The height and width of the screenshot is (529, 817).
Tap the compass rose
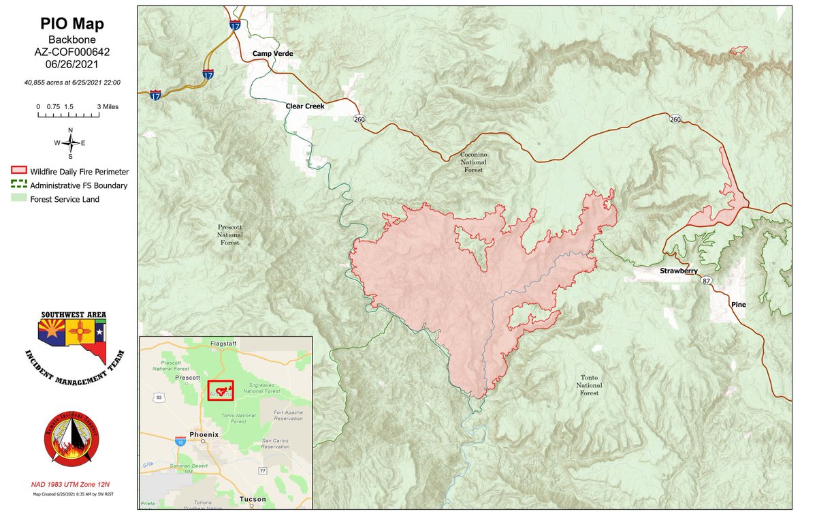pos(70,142)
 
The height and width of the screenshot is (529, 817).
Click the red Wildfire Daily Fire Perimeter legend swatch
pos(18,172)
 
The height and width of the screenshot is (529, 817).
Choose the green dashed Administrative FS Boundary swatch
pos(18,185)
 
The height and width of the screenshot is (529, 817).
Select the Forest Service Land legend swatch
pos(18,199)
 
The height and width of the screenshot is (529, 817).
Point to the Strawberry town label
pos(678,271)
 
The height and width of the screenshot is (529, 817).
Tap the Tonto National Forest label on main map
pos(589,385)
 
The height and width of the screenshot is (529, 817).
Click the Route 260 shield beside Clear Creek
pos(358,119)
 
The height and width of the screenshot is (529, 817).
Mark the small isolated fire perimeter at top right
pos(737,50)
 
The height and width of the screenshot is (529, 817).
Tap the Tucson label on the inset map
pos(253,500)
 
